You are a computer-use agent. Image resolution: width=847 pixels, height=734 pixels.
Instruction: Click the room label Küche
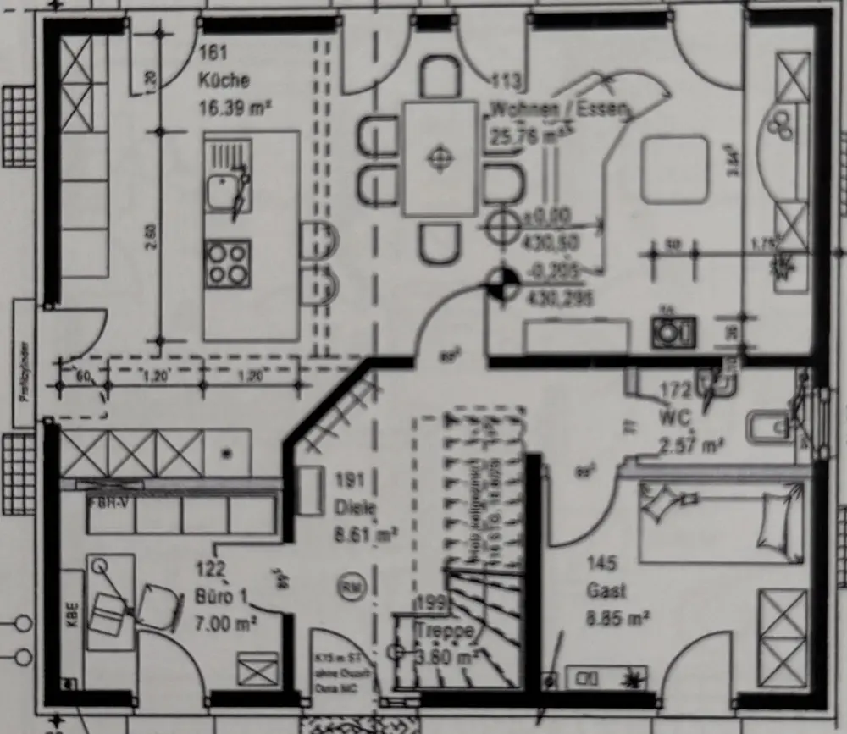click(x=224, y=80)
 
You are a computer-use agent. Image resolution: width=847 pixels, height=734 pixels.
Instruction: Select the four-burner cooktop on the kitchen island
click(x=228, y=262)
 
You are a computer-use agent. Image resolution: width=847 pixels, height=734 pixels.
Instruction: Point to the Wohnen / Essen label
click(x=560, y=109)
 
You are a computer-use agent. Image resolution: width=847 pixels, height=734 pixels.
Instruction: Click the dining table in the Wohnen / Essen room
click(x=440, y=158)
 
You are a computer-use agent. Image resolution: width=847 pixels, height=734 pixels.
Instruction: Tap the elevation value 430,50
click(x=551, y=243)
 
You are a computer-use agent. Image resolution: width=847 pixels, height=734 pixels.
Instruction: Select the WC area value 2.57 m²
click(x=689, y=445)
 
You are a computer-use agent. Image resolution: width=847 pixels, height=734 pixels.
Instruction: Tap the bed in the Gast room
click(x=721, y=521)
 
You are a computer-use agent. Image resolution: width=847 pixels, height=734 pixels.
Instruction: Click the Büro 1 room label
click(x=222, y=597)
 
